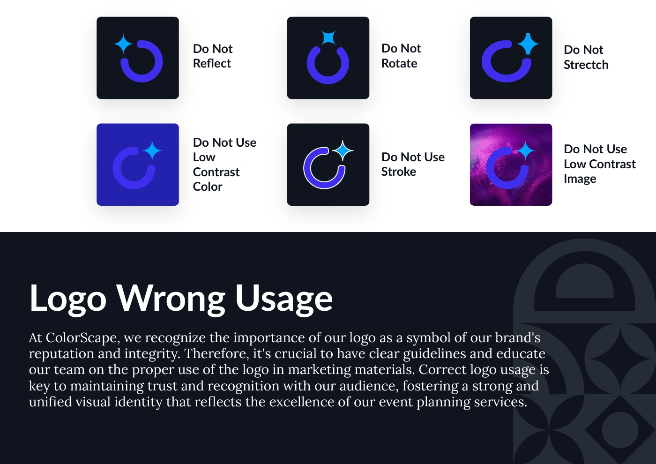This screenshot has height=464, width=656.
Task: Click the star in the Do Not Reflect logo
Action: (x=123, y=44)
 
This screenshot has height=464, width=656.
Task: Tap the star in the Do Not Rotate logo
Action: (x=328, y=38)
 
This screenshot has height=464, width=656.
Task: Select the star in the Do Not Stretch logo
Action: (x=528, y=44)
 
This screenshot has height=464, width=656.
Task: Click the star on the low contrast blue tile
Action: (x=152, y=151)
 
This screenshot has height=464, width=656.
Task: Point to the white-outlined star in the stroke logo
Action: (x=343, y=150)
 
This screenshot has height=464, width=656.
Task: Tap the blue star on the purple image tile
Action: (x=525, y=150)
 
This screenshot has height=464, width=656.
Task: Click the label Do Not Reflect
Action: (x=213, y=56)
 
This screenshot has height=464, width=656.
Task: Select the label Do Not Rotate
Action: (x=401, y=56)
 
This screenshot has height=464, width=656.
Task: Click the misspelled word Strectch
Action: (x=586, y=65)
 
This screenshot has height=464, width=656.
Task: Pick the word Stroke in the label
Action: (x=399, y=172)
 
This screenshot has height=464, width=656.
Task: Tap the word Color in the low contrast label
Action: (x=208, y=187)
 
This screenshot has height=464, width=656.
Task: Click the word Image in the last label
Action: (x=580, y=179)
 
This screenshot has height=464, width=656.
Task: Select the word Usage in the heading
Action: (x=284, y=299)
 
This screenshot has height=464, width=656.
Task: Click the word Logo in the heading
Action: (x=67, y=299)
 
